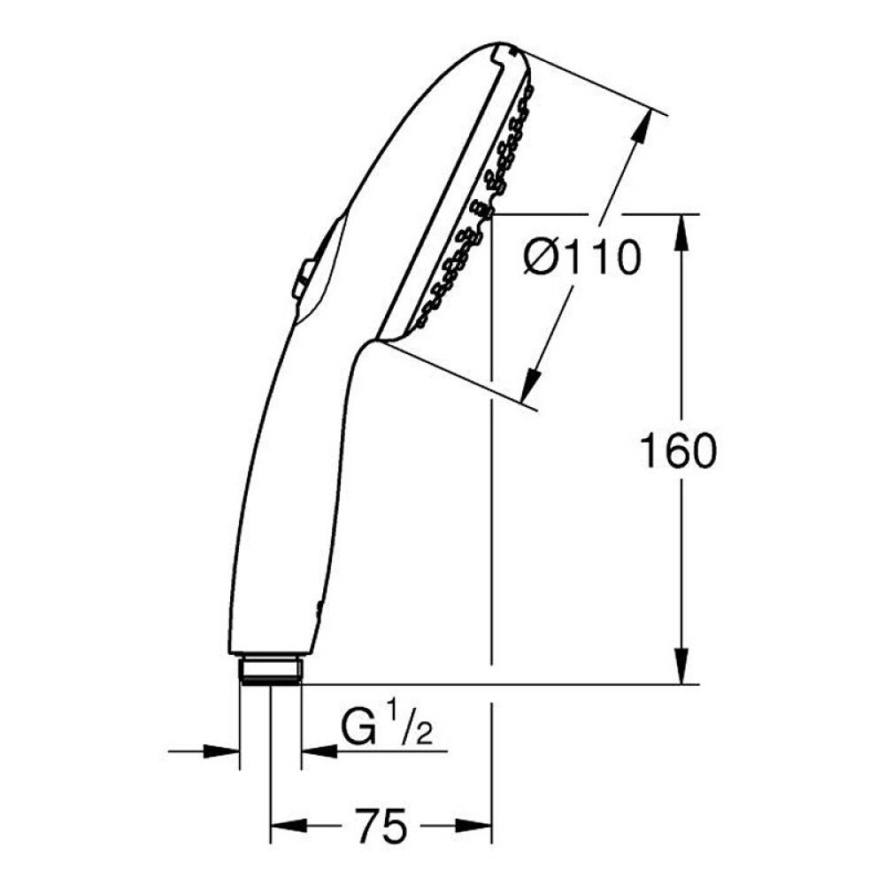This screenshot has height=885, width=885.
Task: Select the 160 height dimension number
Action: [x=677, y=452]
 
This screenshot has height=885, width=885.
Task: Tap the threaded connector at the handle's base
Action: [x=271, y=669]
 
